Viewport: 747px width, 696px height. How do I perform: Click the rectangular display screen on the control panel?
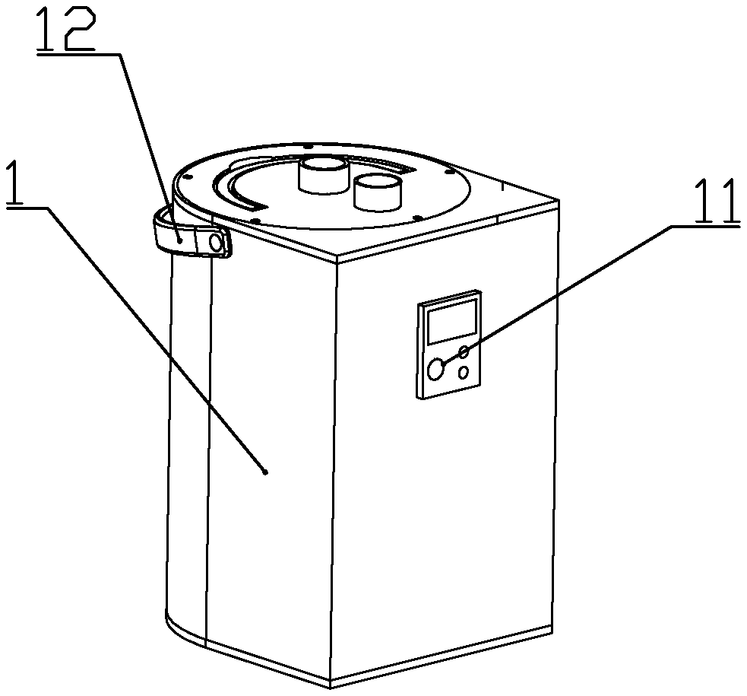tap(453, 320)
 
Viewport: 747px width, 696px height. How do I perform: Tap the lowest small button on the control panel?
tap(464, 373)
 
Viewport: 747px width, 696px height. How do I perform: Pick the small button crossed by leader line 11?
tap(463, 351)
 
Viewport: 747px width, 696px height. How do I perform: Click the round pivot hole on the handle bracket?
tap(216, 243)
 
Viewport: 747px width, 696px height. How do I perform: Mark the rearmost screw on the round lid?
tap(304, 145)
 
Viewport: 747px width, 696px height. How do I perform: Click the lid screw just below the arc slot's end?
tap(255, 221)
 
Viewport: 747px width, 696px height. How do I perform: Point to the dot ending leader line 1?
tap(264, 472)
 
